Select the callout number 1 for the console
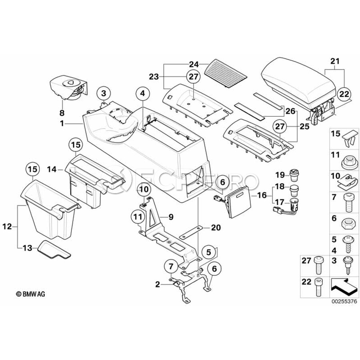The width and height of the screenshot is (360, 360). tap(62, 125)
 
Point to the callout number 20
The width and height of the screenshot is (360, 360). tap(216, 228)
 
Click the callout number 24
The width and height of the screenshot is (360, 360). tap(194, 64)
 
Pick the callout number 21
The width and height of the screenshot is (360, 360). tap(334, 61)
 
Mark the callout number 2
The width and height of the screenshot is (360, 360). tap(158, 285)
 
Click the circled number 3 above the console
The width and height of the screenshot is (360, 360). tap(104, 93)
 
